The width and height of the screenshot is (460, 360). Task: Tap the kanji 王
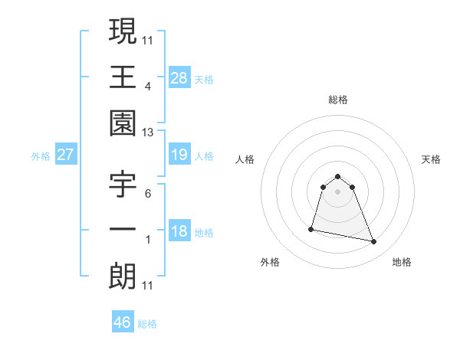123,77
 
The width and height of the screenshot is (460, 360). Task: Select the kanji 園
123,123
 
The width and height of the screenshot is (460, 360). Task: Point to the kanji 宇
123,185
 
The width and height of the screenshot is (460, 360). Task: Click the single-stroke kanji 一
123,230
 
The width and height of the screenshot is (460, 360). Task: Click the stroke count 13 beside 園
148,133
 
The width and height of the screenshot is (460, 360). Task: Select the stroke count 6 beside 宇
148,194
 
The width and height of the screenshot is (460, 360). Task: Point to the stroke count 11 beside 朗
148,286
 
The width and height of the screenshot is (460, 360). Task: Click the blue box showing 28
179,77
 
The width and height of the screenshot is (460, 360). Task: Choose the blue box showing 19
179,155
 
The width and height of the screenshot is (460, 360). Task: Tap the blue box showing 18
179,232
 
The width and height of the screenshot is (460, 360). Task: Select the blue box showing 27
66,155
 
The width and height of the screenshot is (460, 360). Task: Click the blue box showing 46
123,322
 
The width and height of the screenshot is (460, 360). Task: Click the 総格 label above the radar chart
338,100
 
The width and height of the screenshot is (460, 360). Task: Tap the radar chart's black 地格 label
402,263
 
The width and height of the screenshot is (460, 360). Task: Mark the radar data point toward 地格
374,242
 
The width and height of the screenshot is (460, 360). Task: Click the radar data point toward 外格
311,228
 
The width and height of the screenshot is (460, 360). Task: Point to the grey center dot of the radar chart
338,191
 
